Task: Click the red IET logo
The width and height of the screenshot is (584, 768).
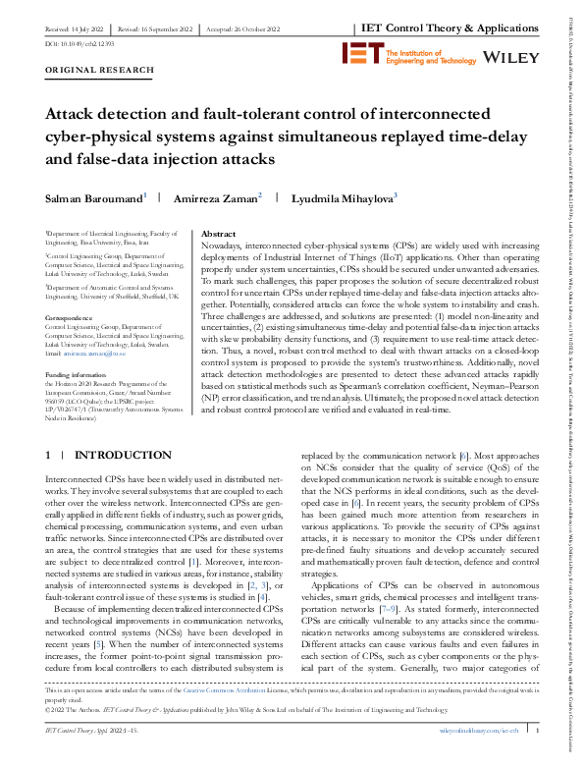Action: pyautogui.click(x=357, y=54)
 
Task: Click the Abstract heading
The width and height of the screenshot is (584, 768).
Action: pyautogui.click(x=218, y=235)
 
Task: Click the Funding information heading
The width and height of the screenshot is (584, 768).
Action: pyautogui.click(x=79, y=348)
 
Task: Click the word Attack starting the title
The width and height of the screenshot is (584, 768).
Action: pyautogui.click(x=72, y=114)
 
